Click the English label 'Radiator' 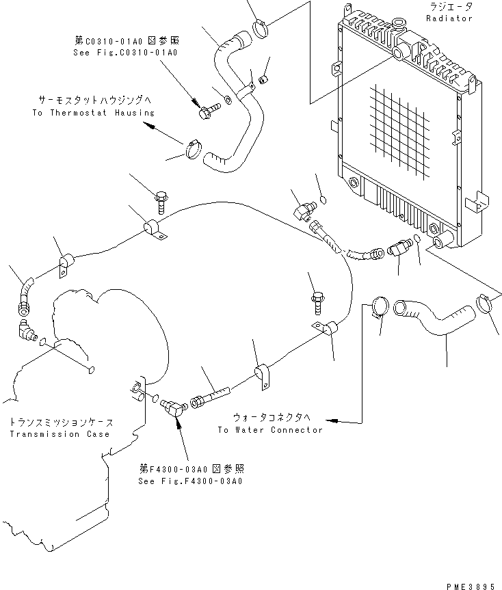[x=449, y=18]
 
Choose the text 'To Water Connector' [x=269, y=430]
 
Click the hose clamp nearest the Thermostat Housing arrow [x=195, y=148]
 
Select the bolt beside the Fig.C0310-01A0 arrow [x=207, y=111]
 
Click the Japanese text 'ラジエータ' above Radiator [x=449, y=6]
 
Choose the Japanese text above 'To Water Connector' [x=272, y=418]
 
